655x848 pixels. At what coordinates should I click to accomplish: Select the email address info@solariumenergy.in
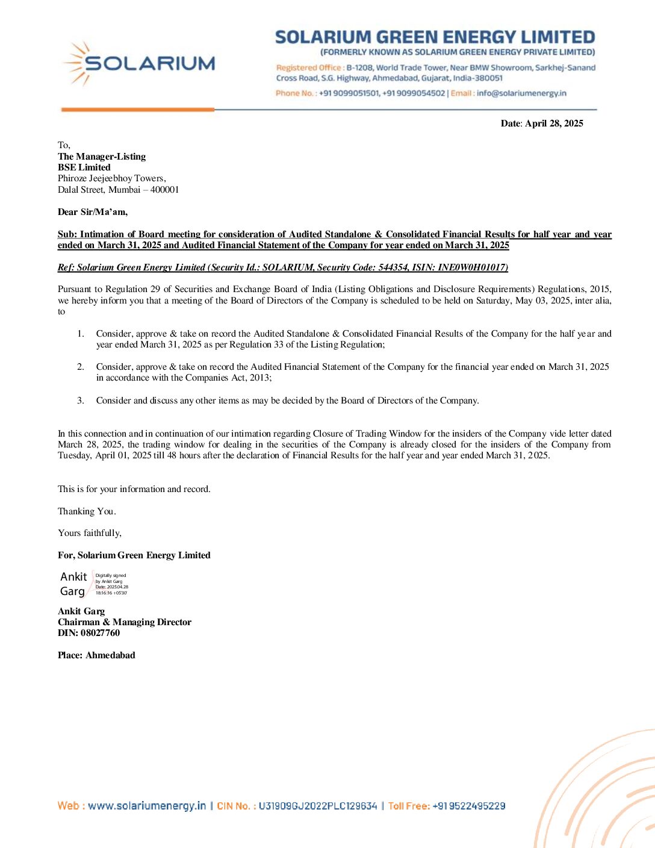point(521,93)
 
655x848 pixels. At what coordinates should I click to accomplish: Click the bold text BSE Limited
point(84,167)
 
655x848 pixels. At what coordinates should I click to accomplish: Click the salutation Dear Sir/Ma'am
point(93,212)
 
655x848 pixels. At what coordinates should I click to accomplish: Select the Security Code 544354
point(393,267)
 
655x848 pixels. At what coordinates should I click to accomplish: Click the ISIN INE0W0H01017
point(473,267)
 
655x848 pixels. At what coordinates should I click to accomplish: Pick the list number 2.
point(80,367)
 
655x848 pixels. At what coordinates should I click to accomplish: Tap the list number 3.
point(80,401)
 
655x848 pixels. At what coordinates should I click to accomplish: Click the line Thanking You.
point(87,511)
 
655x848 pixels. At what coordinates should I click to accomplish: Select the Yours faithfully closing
point(90,533)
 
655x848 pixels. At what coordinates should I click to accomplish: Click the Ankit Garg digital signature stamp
point(93,584)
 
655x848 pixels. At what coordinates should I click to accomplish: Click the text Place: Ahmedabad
point(96,655)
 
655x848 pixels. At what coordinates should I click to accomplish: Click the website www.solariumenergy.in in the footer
point(146,806)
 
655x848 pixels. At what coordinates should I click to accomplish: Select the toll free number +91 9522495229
point(468,806)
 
